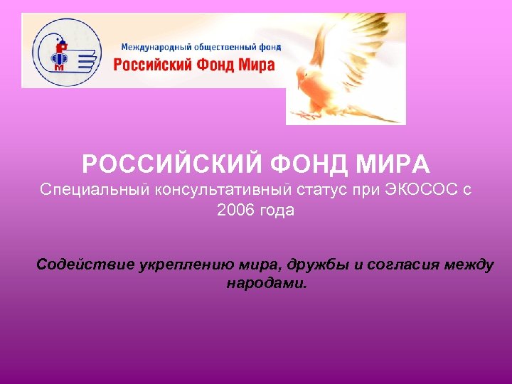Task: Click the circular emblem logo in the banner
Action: click(65, 50)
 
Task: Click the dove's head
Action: click(304, 72)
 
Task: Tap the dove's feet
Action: click(307, 113)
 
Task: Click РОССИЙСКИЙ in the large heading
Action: click(174, 165)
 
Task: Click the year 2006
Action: click(235, 211)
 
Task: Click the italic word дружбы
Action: click(319, 266)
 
